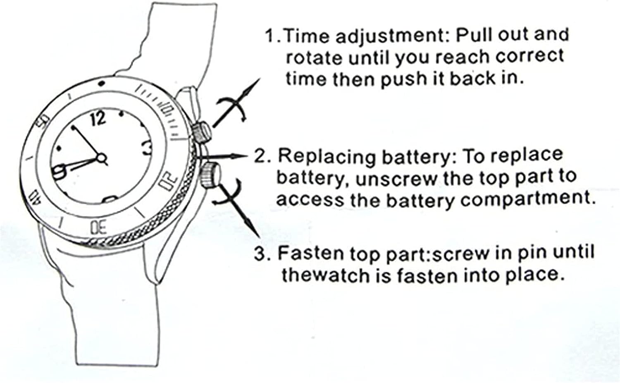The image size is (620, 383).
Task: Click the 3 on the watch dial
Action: point(147,148)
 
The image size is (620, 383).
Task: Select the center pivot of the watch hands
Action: point(101,158)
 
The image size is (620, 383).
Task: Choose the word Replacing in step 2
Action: point(326,156)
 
